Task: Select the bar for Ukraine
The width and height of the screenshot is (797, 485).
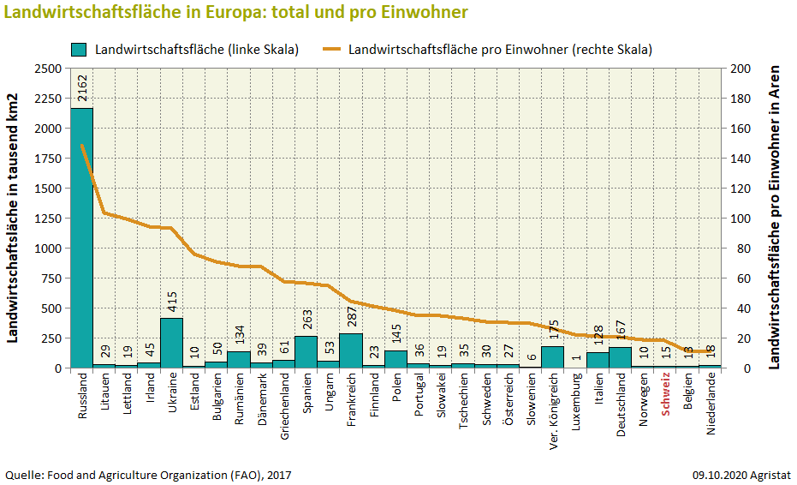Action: coord(172,343)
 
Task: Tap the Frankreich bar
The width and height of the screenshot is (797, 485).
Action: coord(351,350)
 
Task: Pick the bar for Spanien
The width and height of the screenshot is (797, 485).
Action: coord(306,352)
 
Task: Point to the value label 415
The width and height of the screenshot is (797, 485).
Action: coord(172,299)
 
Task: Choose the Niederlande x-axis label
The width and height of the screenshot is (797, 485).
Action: coord(711,404)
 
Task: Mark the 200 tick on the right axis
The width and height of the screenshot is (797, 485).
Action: coord(738,69)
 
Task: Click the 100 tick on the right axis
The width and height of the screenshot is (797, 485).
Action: coord(738,219)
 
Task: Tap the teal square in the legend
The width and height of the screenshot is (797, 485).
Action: coord(79,49)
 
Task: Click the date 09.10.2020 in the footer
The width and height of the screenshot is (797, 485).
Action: coord(722,474)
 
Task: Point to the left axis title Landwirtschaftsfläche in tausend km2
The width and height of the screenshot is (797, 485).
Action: coord(15,218)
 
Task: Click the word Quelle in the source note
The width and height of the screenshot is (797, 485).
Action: coord(24,474)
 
